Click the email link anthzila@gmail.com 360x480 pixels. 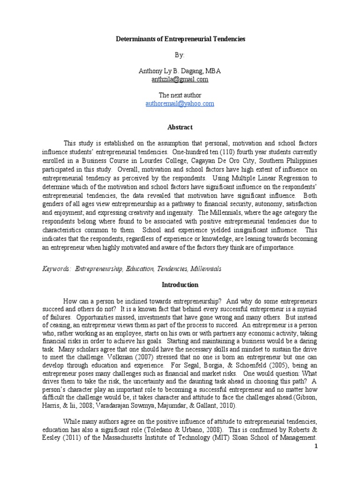180,79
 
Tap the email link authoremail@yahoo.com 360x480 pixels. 180,104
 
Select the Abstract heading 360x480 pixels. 180,127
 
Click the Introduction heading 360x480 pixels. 180,285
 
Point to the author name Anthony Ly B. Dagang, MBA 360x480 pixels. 180,71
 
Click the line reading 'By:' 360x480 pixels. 180,55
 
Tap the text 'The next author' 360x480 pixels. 180,96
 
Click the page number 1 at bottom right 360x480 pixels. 316,446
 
